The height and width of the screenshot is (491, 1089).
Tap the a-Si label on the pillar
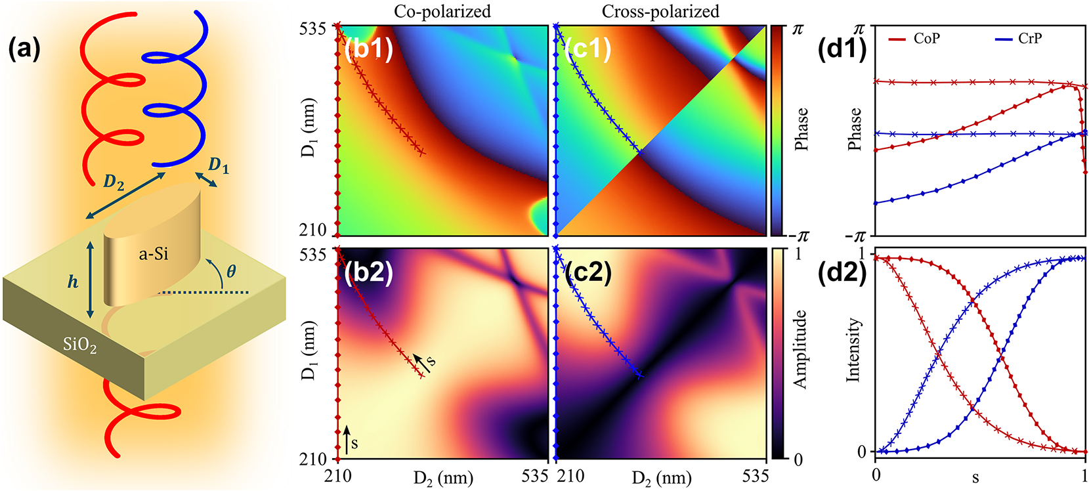tap(154, 253)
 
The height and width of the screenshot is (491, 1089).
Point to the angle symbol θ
tap(231, 270)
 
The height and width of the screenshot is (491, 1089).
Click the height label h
tap(73, 282)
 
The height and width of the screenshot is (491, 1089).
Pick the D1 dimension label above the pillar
tap(219, 165)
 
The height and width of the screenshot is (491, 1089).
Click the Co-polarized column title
tap(442, 11)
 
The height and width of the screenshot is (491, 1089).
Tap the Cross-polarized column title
tap(660, 11)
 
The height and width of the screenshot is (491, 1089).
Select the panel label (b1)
tap(368, 49)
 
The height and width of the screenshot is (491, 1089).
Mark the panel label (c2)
tap(587, 270)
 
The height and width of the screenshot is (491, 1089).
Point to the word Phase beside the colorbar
tap(801, 129)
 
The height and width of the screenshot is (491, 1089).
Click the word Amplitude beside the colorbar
tap(800, 349)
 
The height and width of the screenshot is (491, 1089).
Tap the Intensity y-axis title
tap(853, 350)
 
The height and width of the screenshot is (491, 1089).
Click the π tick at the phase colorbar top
tap(797, 29)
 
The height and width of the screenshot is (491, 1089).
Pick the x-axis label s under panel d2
tap(975, 477)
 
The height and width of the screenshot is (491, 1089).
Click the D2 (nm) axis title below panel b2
tap(443, 477)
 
